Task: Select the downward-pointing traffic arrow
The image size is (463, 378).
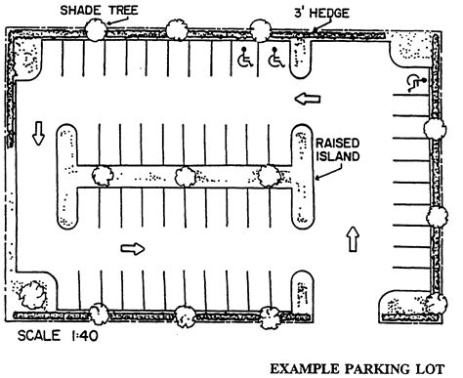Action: pos(39,133)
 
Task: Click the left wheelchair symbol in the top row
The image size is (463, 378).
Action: pos(243,60)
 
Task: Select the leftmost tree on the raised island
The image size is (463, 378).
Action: pos(100,177)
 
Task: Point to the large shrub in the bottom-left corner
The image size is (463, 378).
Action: pos(29,292)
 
